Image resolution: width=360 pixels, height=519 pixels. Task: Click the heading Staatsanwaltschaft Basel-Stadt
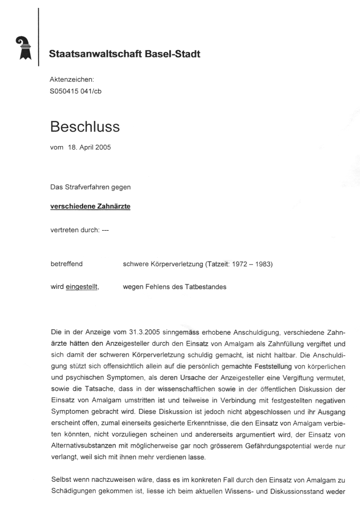pos(125,54)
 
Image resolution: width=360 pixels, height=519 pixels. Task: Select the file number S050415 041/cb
pos(76,91)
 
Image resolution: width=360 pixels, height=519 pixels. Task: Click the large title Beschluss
pos(85,127)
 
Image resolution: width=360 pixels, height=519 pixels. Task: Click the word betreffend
pos(66,264)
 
